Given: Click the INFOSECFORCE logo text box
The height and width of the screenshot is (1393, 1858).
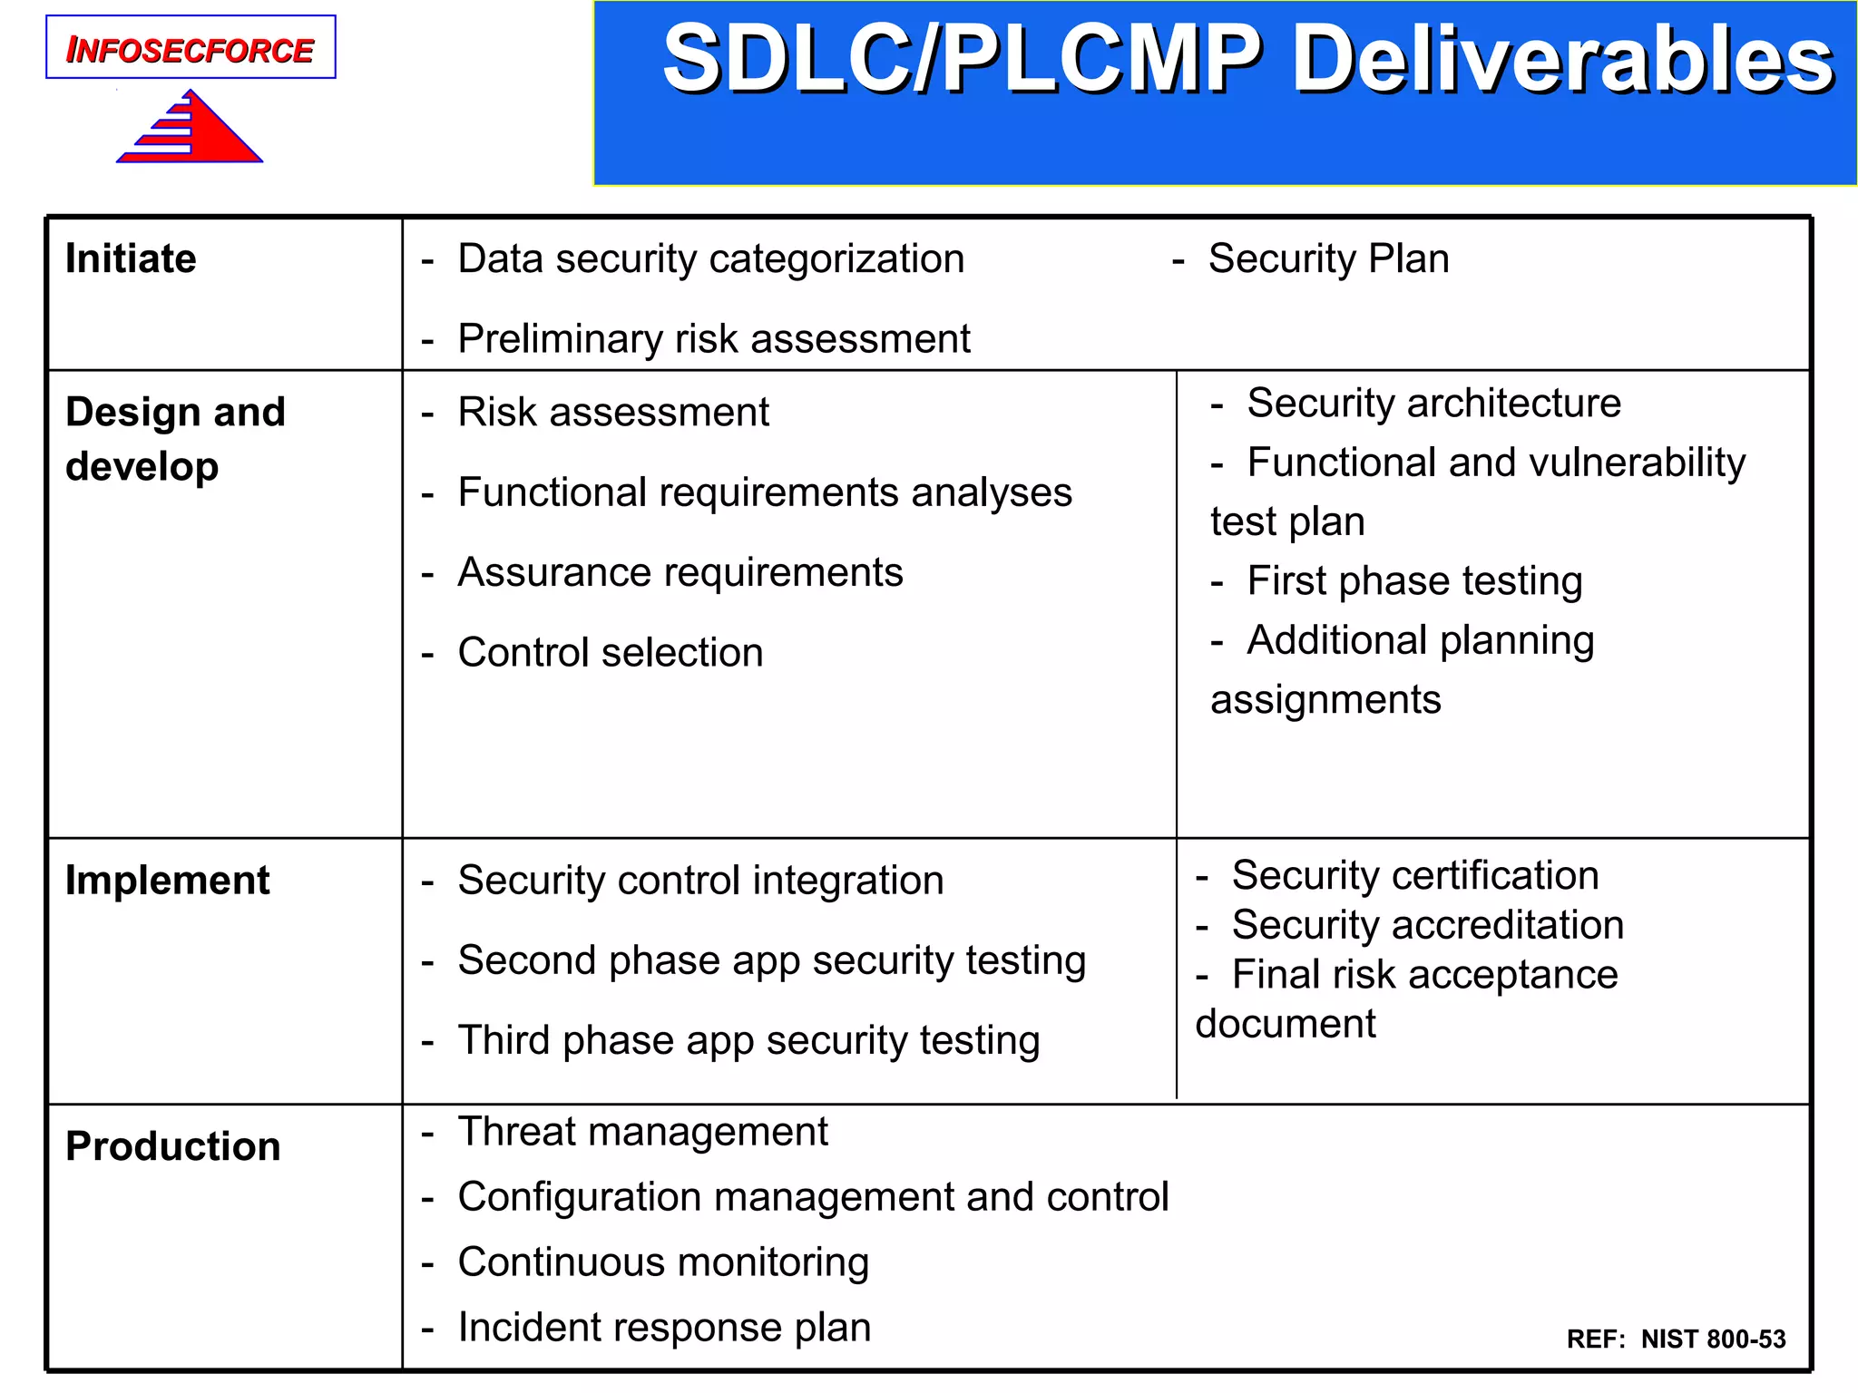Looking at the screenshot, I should pos(191,48).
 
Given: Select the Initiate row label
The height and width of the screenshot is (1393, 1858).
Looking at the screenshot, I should pos(131,259).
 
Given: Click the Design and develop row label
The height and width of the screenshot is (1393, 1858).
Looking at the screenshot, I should pos(175,439).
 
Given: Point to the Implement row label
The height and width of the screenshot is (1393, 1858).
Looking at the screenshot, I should pos(167,881).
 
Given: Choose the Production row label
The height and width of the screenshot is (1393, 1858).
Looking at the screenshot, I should pos(172,1146).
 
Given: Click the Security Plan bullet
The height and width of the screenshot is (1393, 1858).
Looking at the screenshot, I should pos(1328,259).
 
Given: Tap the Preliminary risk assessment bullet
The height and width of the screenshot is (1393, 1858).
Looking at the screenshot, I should pos(713,339).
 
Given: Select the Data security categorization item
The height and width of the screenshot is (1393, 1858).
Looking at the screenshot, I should pos(710,259).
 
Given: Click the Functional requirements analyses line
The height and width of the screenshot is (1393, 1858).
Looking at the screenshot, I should pos(764,492).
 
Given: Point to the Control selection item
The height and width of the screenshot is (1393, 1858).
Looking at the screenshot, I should pos(610,653).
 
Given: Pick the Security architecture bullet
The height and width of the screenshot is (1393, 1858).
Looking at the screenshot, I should pos(1433,404).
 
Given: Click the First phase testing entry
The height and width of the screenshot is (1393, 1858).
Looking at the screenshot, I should pos(1413,581).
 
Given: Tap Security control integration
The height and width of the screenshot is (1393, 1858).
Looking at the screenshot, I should pos(700,881).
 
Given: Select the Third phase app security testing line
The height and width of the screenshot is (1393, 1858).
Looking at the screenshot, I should pos(748,1040).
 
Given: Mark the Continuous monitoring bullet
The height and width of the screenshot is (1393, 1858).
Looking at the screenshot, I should pos(663,1262).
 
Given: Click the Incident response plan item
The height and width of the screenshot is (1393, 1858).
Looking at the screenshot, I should pos(664,1328).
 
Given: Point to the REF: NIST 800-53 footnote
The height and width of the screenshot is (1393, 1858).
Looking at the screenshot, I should pos(1676,1339).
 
